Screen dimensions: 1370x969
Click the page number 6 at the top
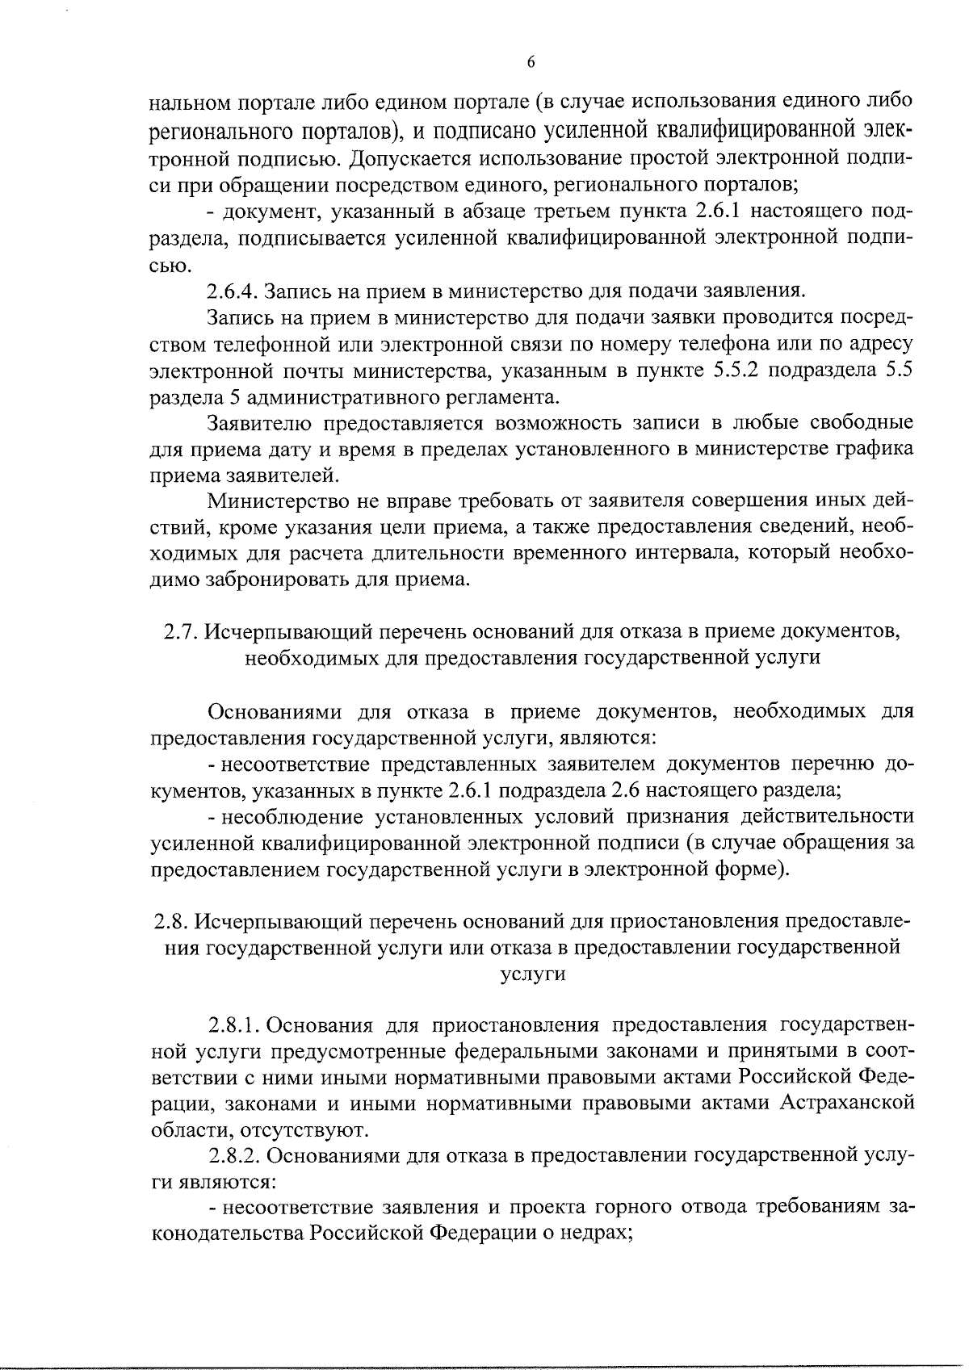531,64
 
